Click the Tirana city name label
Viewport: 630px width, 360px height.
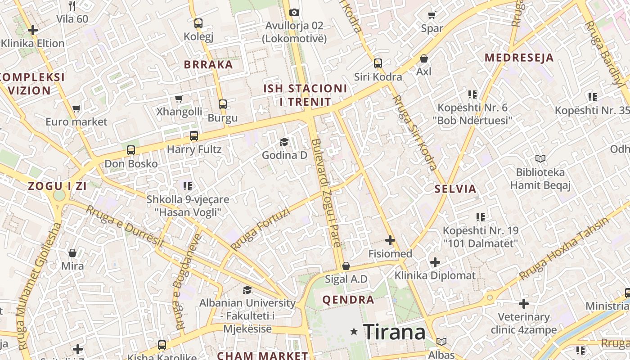point(394,332)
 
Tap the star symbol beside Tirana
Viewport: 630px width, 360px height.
point(354,332)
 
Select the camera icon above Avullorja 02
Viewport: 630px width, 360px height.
point(294,12)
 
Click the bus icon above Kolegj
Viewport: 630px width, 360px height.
point(198,23)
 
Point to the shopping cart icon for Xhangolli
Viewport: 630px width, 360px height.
point(179,99)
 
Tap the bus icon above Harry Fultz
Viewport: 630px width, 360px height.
point(194,135)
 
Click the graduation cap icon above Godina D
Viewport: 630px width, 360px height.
point(284,142)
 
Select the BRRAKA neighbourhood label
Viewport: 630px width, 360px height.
point(208,64)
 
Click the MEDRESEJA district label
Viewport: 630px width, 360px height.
point(519,58)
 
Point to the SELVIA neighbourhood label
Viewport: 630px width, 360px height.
point(455,189)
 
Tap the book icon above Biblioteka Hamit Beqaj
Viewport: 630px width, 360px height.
point(540,159)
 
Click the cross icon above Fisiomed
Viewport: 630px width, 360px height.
point(390,240)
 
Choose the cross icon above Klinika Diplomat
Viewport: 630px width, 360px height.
point(435,262)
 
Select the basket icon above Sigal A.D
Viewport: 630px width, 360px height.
point(346,266)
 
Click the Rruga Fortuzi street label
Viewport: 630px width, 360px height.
point(260,230)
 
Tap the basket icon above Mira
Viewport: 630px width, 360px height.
point(72,252)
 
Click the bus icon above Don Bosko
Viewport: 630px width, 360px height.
point(131,150)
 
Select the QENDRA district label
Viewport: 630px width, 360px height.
point(348,300)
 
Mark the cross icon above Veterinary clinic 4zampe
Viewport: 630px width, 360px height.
point(524,304)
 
